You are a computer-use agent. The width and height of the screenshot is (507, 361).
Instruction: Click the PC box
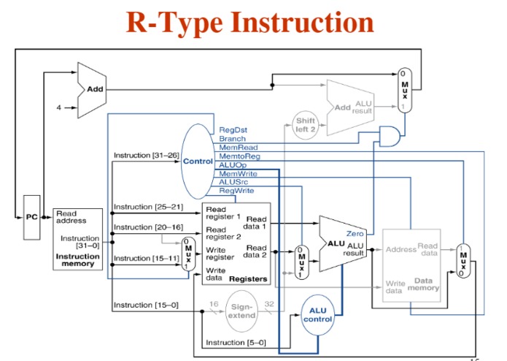pyautogui.click(x=31, y=216)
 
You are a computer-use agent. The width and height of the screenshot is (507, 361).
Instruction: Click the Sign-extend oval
pyautogui.click(x=241, y=311)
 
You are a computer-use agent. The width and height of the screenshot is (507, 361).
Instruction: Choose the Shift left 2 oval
pyautogui.click(x=305, y=123)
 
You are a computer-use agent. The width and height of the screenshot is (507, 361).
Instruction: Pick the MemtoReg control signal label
pyautogui.click(x=239, y=156)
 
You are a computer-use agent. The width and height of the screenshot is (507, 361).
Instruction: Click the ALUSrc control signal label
pyautogui.click(x=234, y=182)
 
